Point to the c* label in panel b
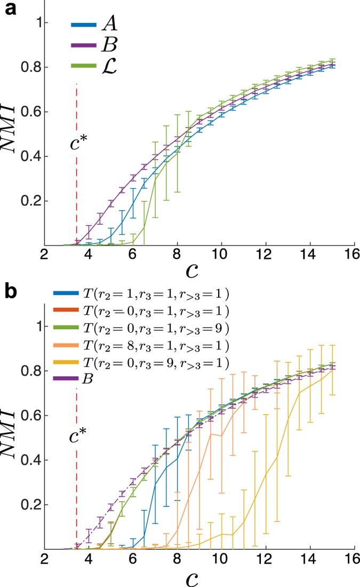tap(77, 437)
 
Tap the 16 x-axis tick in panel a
tap(350, 255)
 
